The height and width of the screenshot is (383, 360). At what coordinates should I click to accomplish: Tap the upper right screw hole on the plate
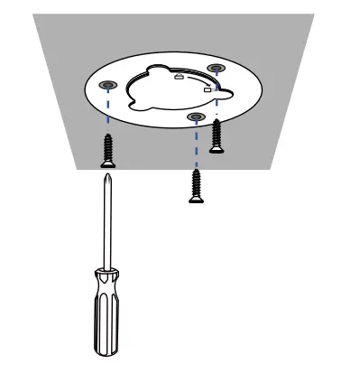coord(216,69)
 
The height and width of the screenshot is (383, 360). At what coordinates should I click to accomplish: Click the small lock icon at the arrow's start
coord(179,78)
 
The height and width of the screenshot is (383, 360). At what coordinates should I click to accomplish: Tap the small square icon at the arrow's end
coord(208,91)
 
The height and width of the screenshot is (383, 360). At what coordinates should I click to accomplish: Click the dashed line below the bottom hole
coord(194,145)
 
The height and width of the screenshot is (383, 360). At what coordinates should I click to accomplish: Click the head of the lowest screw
coord(194,199)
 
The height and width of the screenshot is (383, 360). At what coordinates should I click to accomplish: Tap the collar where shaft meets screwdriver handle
coord(108,271)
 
